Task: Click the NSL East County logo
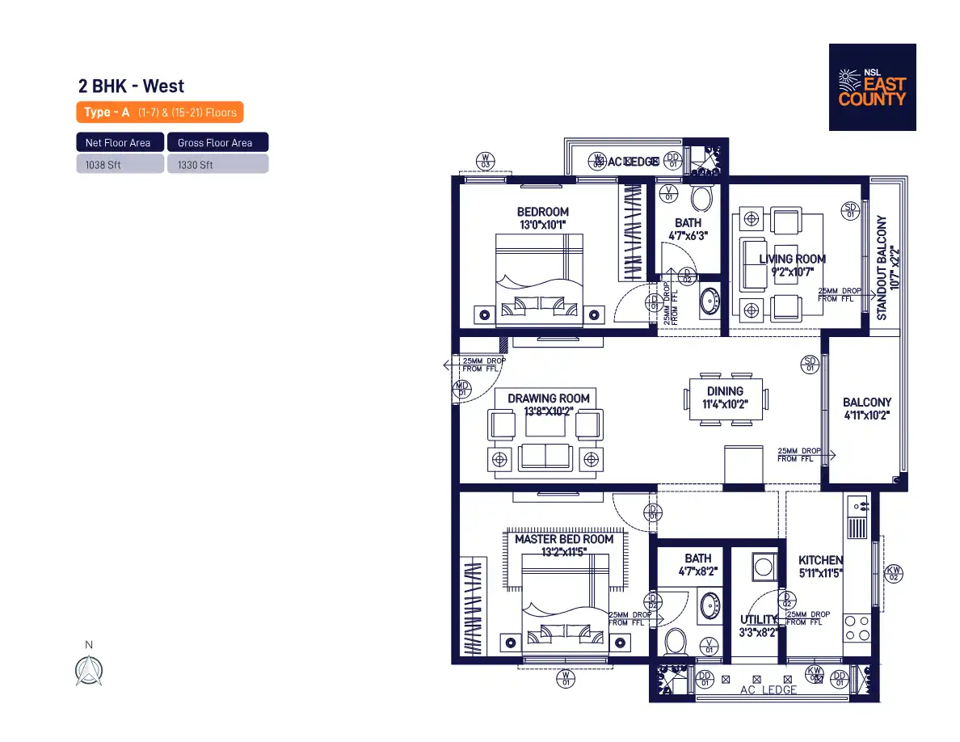(872, 87)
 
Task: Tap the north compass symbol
(89, 669)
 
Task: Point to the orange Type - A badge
(159, 112)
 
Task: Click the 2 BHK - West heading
(131, 86)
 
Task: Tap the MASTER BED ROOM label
(564, 539)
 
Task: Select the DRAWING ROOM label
(548, 398)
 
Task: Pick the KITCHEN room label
(820, 560)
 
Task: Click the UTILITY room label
(758, 620)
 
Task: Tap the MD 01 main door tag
(462, 389)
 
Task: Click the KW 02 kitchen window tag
(894, 573)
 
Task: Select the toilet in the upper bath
(702, 198)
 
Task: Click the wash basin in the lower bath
(710, 605)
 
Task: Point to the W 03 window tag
(486, 159)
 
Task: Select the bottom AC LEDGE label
(768, 690)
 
